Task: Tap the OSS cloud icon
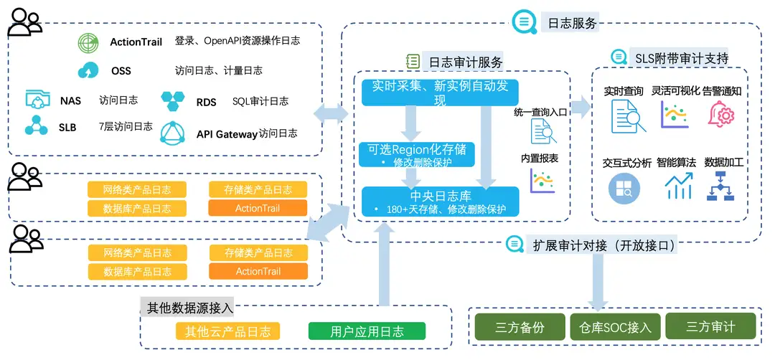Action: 88,70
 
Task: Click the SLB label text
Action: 67,128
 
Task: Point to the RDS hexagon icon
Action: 173,102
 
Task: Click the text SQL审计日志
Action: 260,102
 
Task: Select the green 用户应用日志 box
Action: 367,331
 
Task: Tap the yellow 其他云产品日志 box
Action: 228,331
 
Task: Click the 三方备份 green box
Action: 520,327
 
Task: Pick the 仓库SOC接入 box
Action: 615,327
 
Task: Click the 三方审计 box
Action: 710,327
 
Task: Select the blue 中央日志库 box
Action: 440,200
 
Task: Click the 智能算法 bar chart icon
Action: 678,187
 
